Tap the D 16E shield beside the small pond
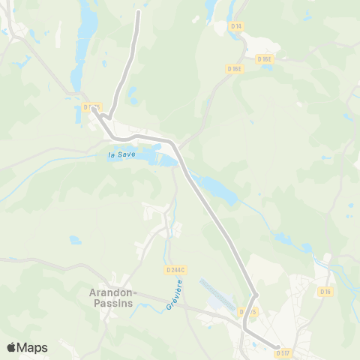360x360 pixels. tap(264, 58)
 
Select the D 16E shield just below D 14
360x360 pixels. tap(234, 68)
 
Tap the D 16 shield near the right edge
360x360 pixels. tap(325, 291)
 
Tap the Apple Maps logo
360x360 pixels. tap(26, 347)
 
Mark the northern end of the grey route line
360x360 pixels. tap(139, 11)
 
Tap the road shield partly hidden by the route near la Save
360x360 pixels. tap(91, 107)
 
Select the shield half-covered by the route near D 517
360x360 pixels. tap(247, 311)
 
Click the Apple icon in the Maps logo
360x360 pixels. tap(11, 347)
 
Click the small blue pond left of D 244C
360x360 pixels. tap(75, 240)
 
